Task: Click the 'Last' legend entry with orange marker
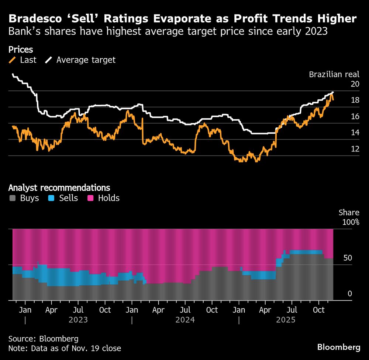(x=23, y=60)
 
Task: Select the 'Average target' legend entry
(x=81, y=60)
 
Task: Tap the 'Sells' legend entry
(x=63, y=198)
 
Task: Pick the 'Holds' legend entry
(x=104, y=198)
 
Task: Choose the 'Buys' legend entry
(x=24, y=198)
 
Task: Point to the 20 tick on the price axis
(x=355, y=84)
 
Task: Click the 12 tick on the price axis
(x=355, y=149)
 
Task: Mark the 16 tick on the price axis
(x=355, y=116)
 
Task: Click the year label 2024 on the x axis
(x=185, y=320)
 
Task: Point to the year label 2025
(x=286, y=320)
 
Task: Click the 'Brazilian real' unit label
(x=334, y=74)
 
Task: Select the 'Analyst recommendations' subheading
(x=59, y=188)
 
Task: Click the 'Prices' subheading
(x=21, y=49)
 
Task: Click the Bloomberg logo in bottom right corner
(x=339, y=347)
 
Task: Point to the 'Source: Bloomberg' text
(x=43, y=339)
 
